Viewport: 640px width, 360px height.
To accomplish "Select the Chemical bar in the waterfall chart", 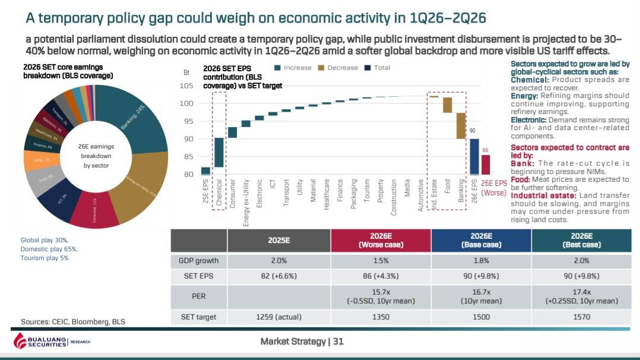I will [x=219, y=153].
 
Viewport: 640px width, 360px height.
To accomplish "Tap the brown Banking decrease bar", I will [x=461, y=125].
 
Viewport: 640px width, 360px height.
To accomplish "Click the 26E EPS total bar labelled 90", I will [x=474, y=156].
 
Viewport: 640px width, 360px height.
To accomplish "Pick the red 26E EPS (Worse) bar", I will [x=486, y=165].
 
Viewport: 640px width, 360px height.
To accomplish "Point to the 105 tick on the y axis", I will [x=186, y=86].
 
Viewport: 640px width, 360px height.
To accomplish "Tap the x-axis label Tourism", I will [x=367, y=191].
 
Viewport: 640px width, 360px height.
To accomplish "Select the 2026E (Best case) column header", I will [x=581, y=240].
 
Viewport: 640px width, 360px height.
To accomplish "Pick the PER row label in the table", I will [x=198, y=296].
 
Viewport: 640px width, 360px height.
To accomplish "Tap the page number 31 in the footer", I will [x=338, y=342].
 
